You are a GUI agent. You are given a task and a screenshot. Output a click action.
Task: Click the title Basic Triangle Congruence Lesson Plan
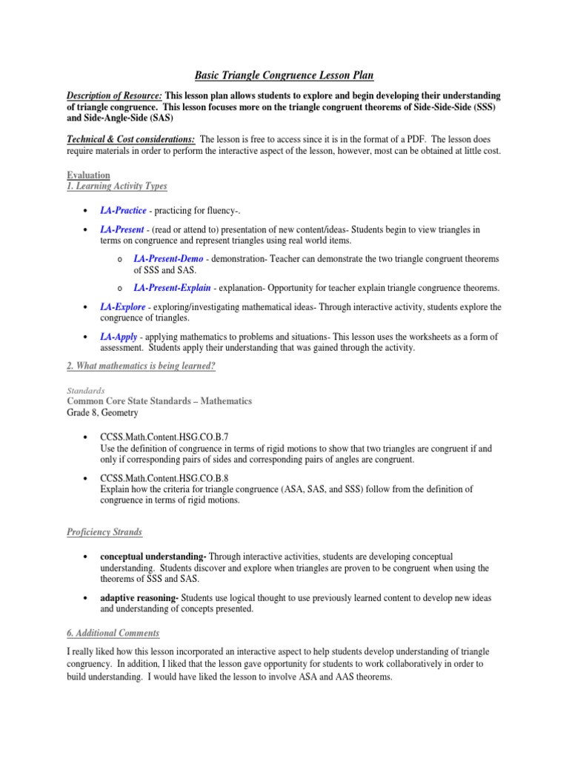point(284,75)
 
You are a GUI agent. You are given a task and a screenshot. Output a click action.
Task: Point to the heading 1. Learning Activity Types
point(116,187)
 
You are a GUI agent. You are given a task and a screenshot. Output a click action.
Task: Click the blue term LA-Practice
point(123,212)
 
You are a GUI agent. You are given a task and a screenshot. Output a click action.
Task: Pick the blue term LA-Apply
point(119,336)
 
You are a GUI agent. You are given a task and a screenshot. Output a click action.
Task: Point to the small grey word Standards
point(83,389)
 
